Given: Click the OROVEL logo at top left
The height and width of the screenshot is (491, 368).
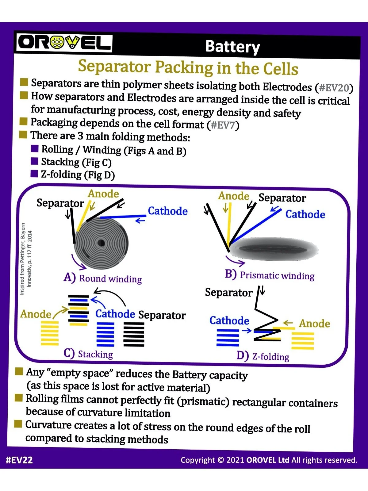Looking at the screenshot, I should tap(64, 43).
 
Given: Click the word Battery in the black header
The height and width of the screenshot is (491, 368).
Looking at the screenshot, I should tap(232, 47).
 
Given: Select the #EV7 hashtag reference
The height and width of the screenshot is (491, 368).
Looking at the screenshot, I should tap(223, 125).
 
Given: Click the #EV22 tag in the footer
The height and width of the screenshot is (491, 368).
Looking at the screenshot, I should tap(19, 460).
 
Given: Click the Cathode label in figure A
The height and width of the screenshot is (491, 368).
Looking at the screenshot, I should tap(168, 211).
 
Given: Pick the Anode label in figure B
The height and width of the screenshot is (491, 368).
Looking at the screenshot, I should tap(234, 196).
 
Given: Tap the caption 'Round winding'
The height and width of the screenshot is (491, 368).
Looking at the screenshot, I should tap(110, 279).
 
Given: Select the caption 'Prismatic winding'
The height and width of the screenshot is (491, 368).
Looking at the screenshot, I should tap(277, 275).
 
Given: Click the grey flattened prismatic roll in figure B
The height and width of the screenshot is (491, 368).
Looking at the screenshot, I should tap(273, 249).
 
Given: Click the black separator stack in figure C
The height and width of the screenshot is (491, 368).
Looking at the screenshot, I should tap(134, 334).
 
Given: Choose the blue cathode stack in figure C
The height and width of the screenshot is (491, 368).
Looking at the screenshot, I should tap(105, 334).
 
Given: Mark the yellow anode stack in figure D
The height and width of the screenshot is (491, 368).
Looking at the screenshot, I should tap(303, 341).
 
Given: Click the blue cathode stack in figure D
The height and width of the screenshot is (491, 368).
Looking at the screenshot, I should tap(228, 338).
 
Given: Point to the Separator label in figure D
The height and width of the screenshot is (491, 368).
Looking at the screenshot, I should tap(228, 293).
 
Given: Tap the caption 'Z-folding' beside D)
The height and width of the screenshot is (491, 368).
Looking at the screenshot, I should tap(270, 357).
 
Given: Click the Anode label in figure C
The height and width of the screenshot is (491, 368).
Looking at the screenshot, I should tap(36, 314).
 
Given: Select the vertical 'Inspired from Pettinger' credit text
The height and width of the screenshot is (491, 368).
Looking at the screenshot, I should tap(26, 259).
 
